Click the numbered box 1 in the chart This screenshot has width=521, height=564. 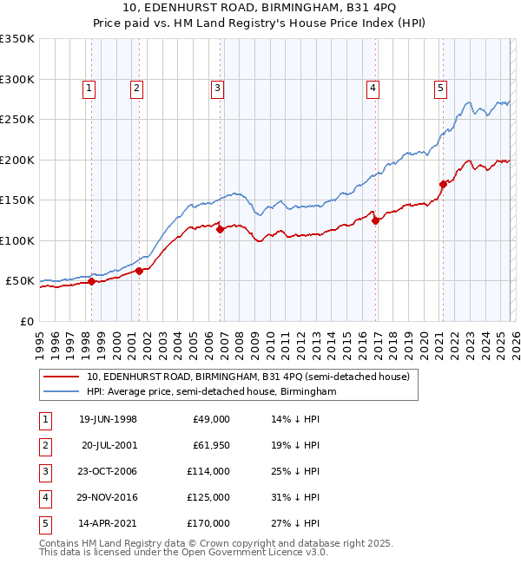(x=90, y=87)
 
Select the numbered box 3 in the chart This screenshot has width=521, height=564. (x=216, y=87)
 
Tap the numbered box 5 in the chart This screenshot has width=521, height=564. (x=440, y=87)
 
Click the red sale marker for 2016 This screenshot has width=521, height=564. (x=376, y=220)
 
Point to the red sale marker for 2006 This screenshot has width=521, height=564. (x=221, y=230)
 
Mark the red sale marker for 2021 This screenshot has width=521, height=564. (x=443, y=184)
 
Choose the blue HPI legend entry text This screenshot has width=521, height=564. (x=211, y=392)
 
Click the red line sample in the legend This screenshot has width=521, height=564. (x=61, y=377)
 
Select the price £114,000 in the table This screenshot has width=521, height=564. (x=211, y=471)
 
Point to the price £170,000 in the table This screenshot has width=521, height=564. (x=211, y=523)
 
